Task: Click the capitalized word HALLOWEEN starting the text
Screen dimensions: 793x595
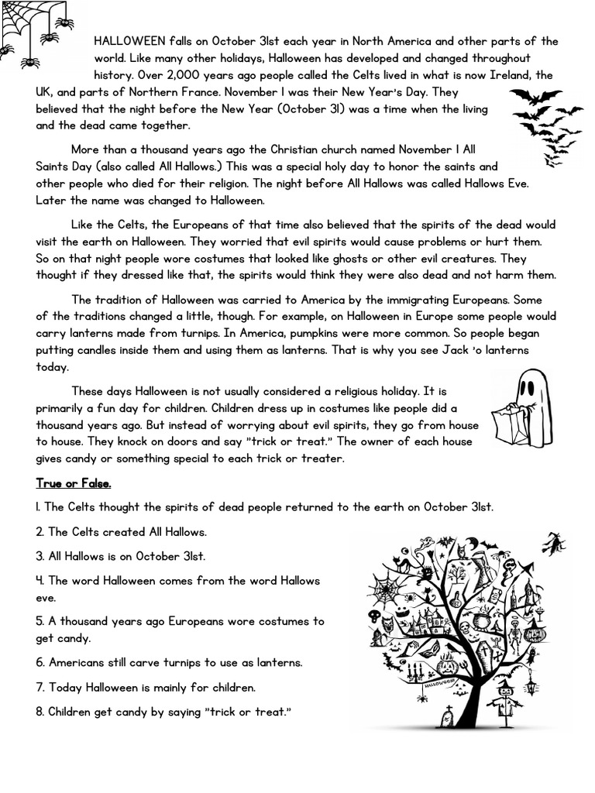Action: (129, 41)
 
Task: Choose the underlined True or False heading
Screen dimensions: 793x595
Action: (74, 483)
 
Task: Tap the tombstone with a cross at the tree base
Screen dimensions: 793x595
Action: (448, 720)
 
